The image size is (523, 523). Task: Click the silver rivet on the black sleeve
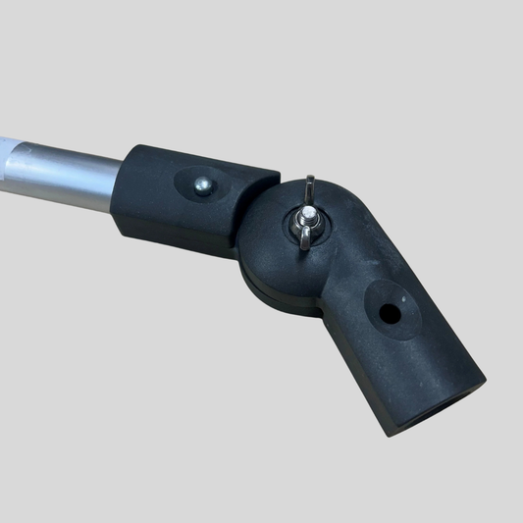click(x=202, y=184)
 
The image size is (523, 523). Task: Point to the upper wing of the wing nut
click(x=309, y=189)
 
